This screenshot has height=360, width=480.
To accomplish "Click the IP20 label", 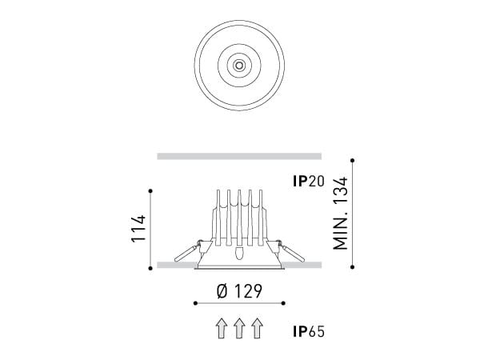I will [x=307, y=182].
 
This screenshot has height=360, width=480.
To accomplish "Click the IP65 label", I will [x=307, y=330].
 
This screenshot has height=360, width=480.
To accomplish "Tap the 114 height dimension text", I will [x=138, y=230].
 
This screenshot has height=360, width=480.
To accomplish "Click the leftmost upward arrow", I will [x=221, y=329].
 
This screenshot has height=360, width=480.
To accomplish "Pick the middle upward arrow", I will [x=239, y=329].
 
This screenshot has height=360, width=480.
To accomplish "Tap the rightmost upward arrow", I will [x=257, y=329].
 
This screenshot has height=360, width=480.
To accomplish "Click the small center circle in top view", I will [x=239, y=63].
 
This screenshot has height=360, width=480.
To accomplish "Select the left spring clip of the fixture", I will [x=186, y=251].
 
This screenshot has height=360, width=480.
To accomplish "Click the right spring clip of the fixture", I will [x=292, y=251].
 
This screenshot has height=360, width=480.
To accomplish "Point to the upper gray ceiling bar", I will [x=239, y=155].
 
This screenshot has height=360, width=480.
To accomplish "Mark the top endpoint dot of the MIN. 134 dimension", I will [x=352, y=163].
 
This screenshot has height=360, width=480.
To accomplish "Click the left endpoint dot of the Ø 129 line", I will [x=194, y=303].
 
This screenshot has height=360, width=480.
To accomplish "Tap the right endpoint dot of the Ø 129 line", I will [x=285, y=303].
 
